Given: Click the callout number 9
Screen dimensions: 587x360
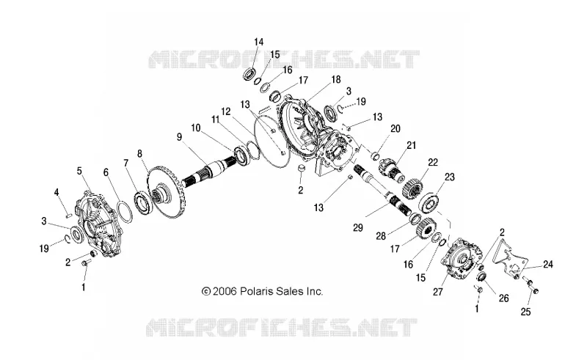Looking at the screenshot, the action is pos(179,137).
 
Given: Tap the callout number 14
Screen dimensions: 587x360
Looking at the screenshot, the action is pos(259,42).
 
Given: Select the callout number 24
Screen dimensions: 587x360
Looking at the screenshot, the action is pos(548,265).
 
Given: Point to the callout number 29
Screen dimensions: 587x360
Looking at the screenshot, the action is pos(358,228).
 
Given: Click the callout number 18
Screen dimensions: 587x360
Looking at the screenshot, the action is pos(336,79).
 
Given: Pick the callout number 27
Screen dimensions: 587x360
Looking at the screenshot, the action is pos(437,292).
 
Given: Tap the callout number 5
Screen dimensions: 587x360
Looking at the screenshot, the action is pos(79,171).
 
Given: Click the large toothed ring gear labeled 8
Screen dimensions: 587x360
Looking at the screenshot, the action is pos(168,191).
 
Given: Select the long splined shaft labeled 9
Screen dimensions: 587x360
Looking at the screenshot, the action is pos(210,171).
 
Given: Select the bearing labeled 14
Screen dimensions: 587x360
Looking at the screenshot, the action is pos(249,74).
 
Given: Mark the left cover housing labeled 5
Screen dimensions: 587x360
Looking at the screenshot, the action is pos(99,224).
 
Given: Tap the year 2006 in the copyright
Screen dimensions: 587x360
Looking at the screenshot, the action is pos(225,291).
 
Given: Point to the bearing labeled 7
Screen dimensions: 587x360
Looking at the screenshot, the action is pos(142,202).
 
